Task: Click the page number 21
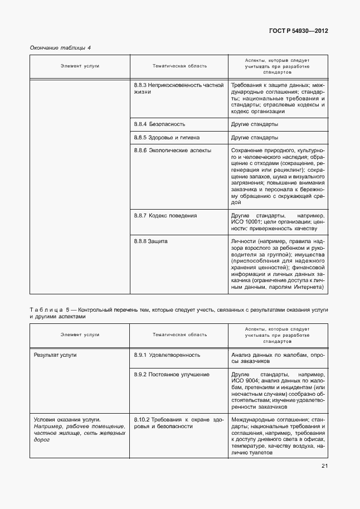pyautogui.click(x=324, y=466)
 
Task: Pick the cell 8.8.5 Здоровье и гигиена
pyautogui.click(x=167, y=137)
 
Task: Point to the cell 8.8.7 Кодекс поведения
pyautogui.click(x=166, y=215)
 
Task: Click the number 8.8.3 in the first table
pyautogui.click(x=140, y=85)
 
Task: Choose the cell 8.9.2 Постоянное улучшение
pyautogui.click(x=172, y=375)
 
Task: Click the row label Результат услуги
pyautogui.click(x=55, y=355)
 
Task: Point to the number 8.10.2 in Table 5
pyautogui.click(x=142, y=419)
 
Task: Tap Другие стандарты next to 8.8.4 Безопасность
pyautogui.click(x=254, y=124)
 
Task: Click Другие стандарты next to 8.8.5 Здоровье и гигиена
pyautogui.click(x=254, y=137)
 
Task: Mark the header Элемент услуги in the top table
pyautogui.click(x=80, y=66)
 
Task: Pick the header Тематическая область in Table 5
pyautogui.click(x=179, y=335)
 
